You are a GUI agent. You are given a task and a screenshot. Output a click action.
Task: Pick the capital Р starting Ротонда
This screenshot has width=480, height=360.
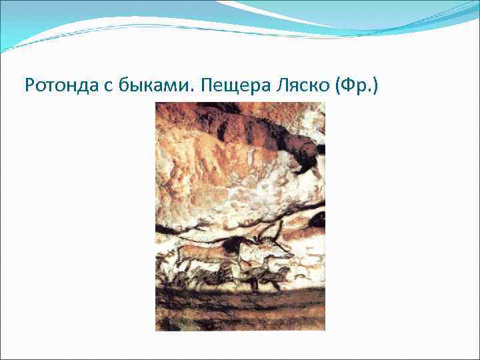pyautogui.click(x=29, y=85)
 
